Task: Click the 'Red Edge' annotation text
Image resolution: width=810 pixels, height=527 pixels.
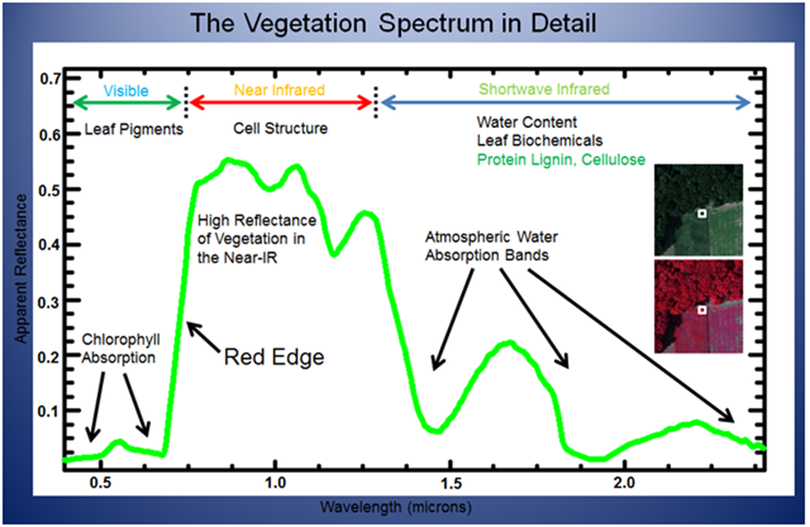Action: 274,357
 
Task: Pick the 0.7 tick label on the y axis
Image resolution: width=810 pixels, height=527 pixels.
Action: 51,80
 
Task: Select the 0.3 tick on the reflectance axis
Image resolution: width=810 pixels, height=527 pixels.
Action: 51,301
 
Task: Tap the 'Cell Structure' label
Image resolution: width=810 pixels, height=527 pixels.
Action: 280,129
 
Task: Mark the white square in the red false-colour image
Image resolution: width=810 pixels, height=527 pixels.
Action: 702,310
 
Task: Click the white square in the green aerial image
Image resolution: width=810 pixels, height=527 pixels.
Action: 702,213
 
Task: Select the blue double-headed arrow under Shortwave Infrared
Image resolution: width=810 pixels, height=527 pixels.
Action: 565,103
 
